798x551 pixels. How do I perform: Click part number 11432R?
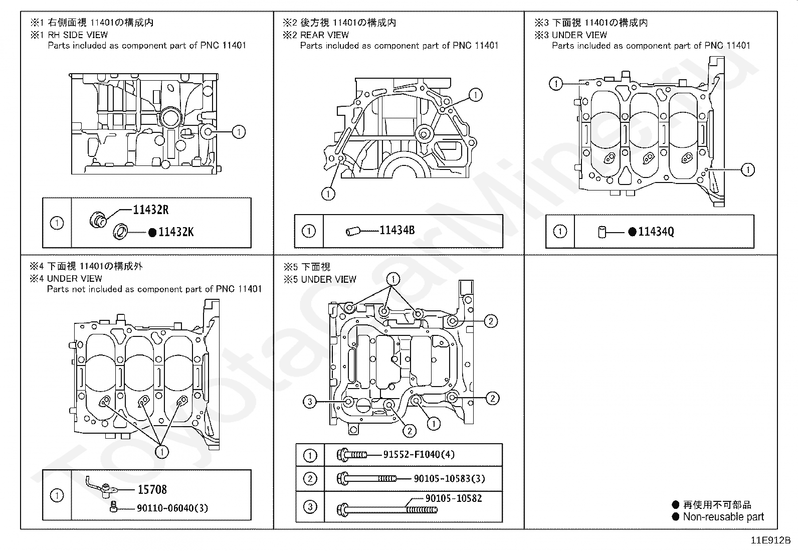pyautogui.click(x=151, y=210)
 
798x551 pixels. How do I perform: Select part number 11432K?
pyautogui.click(x=176, y=232)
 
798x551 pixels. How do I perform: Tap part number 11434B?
pyautogui.click(x=397, y=230)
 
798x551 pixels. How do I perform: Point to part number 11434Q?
pyautogui.click(x=656, y=232)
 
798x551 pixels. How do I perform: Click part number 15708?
pyautogui.click(x=152, y=489)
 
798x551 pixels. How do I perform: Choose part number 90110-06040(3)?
pyautogui.click(x=172, y=508)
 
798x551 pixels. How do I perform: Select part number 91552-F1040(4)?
pyautogui.click(x=419, y=454)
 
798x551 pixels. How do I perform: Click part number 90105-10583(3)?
pyautogui.click(x=449, y=478)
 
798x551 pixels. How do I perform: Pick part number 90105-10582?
pyautogui.click(x=454, y=498)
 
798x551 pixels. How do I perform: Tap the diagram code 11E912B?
pyautogui.click(x=770, y=540)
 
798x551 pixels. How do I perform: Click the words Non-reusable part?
pyautogui.click(x=723, y=517)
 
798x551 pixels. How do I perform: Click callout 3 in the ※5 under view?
pyautogui.click(x=310, y=402)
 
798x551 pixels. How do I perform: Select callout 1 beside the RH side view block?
pyautogui.click(x=239, y=132)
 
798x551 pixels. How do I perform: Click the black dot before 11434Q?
pyautogui.click(x=633, y=232)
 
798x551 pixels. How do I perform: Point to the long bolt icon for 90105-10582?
pyautogui.click(x=387, y=510)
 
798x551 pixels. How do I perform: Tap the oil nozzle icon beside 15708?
pyautogui.click(x=102, y=486)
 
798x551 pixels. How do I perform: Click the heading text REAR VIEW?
pyautogui.click(x=324, y=35)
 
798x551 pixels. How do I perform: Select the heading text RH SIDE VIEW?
pyautogui.click(x=78, y=35)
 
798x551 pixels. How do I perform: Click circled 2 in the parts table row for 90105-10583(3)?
pyautogui.click(x=310, y=478)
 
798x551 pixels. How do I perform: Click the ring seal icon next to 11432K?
pyautogui.click(x=120, y=232)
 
